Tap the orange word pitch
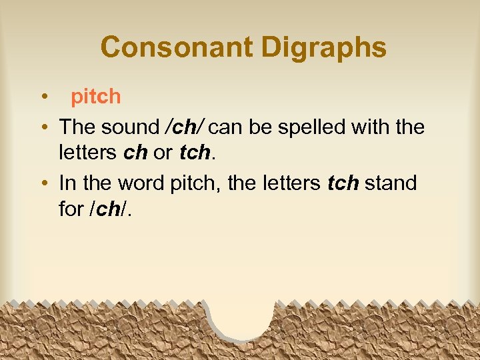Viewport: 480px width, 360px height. click(x=96, y=97)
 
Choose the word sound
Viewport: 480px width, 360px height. click(x=132, y=126)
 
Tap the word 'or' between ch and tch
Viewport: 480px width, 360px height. click(x=163, y=153)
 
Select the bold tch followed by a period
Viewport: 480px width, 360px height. click(x=195, y=153)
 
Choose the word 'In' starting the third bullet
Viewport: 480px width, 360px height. click(x=67, y=183)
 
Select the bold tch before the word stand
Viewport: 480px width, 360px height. click(x=343, y=183)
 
